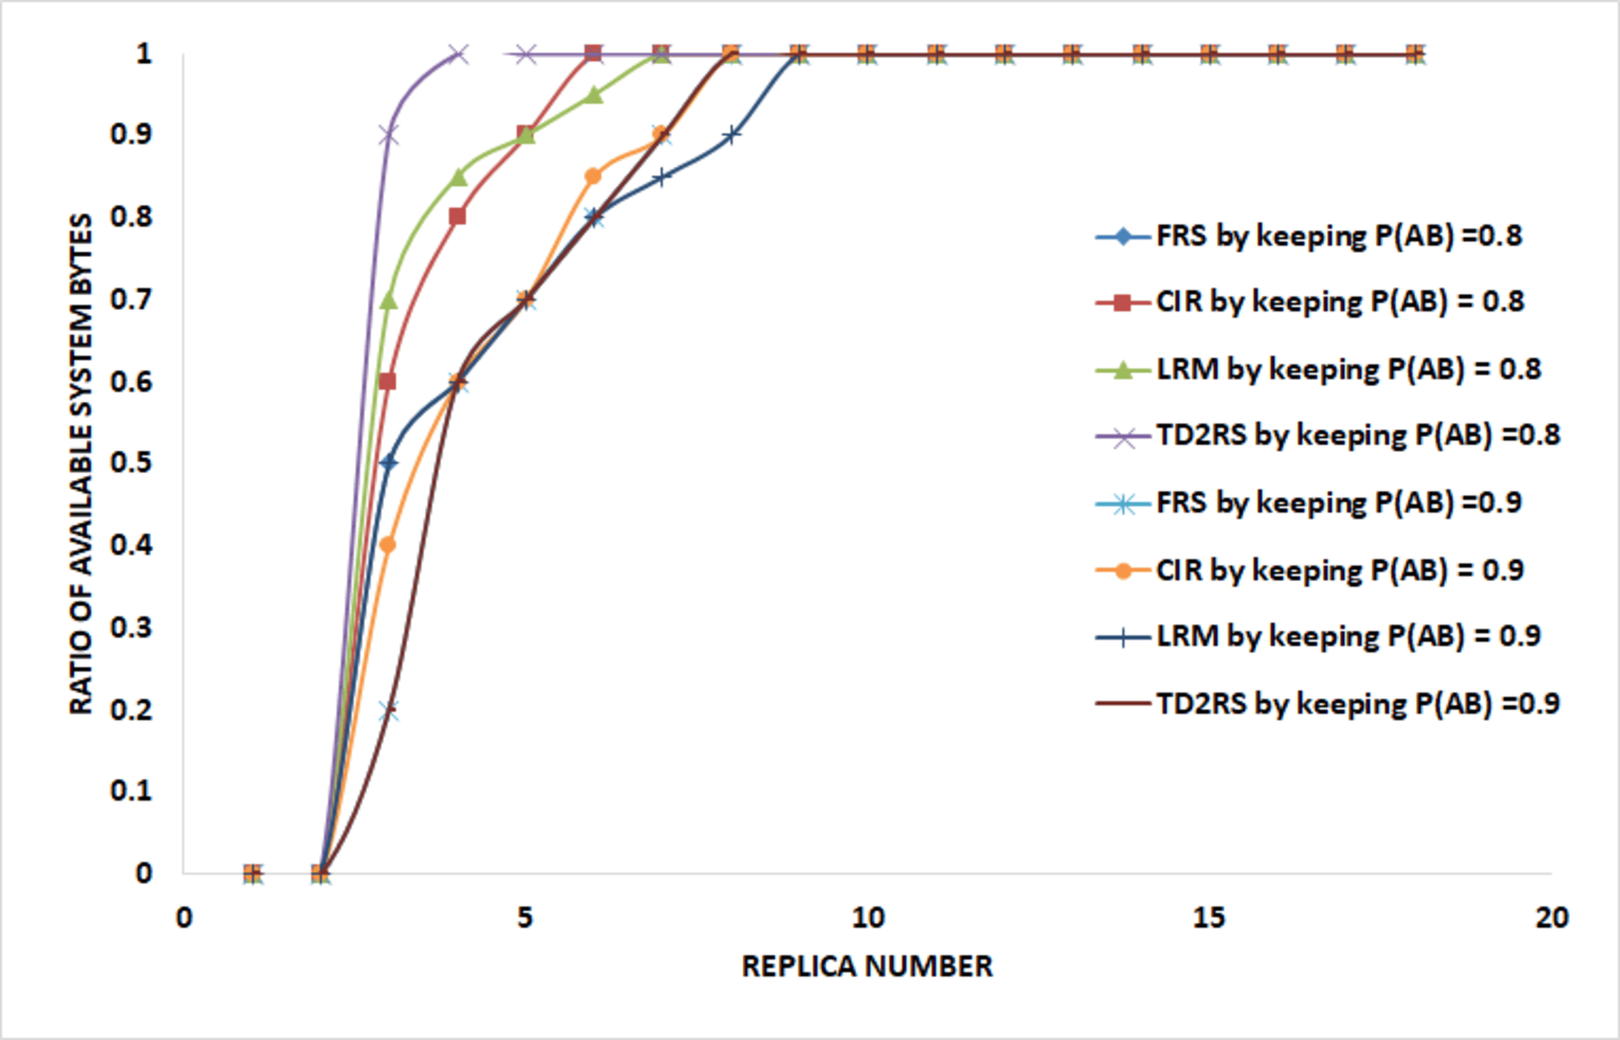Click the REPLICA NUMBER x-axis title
(866, 967)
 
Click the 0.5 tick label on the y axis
(131, 462)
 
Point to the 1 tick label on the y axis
(143, 54)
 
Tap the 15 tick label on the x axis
(1209, 918)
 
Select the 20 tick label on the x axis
(1551, 918)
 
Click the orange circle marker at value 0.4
(388, 545)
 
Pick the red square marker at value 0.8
(457, 217)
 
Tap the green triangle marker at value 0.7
(389, 301)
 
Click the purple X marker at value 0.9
(389, 135)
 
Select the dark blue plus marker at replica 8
(731, 135)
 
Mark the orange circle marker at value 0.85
(593, 176)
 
